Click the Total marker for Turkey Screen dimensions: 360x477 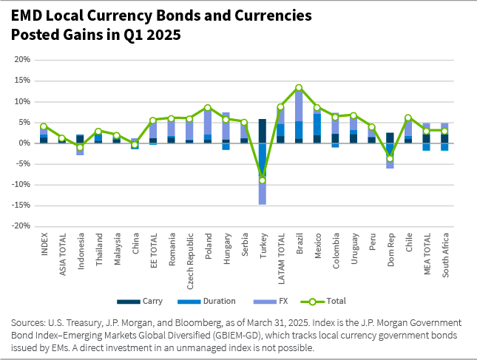[263, 180]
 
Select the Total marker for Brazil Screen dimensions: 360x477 [299, 88]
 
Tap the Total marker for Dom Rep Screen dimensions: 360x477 [390, 158]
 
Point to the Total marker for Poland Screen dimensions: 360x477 [208, 108]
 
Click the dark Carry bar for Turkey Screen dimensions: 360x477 [263, 131]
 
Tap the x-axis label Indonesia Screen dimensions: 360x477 [81, 251]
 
